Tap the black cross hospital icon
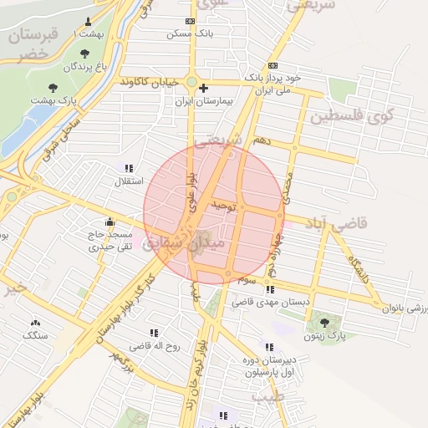(203, 88)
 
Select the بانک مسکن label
(191, 33)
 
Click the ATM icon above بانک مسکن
(191, 21)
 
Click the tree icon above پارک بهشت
(53, 87)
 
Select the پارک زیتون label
(325, 334)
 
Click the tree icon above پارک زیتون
(324, 323)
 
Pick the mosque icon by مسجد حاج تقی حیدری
(110, 222)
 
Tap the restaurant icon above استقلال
(130, 168)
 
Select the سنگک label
(36, 334)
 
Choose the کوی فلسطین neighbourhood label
(351, 116)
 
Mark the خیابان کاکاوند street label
(150, 83)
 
